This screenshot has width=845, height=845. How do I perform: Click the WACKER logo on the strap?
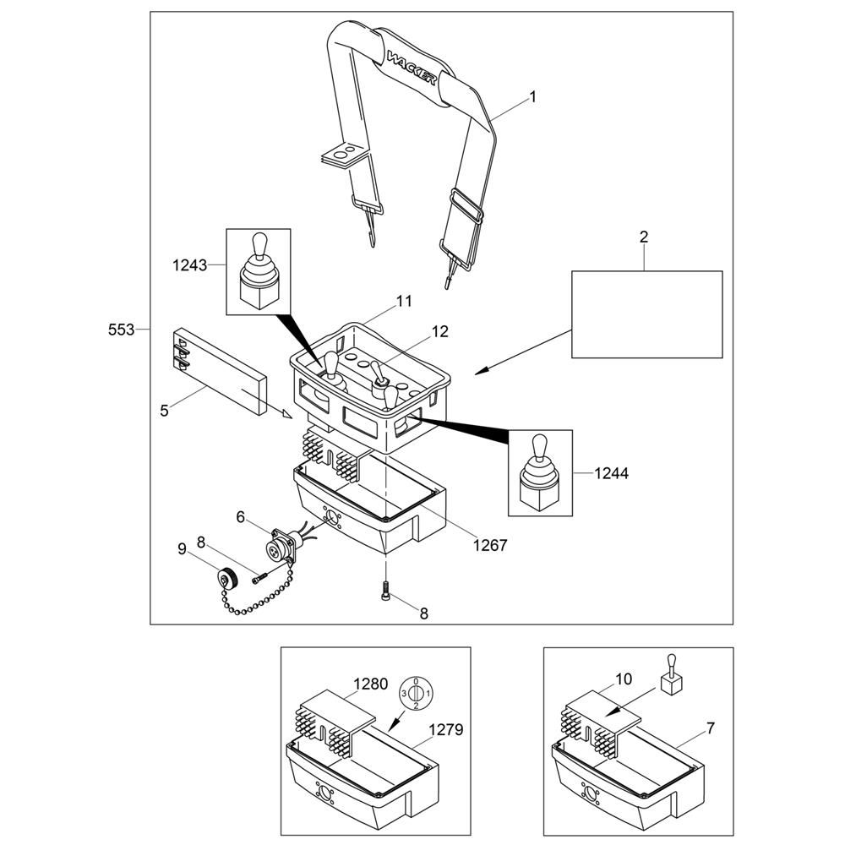pos(412,67)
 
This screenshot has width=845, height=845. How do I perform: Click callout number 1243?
pos(189,265)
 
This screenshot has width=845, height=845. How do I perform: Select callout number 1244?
pos(612,473)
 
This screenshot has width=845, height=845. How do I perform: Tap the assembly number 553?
pos(121,330)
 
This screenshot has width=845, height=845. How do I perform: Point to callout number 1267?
pos(490,545)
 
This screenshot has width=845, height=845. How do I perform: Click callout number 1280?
pos(371,684)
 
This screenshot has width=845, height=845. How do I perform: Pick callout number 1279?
pos(446,730)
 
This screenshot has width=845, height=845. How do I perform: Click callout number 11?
pos(404,302)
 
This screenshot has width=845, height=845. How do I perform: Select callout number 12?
pos(440,331)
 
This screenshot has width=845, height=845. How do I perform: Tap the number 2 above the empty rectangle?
pos(643,237)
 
